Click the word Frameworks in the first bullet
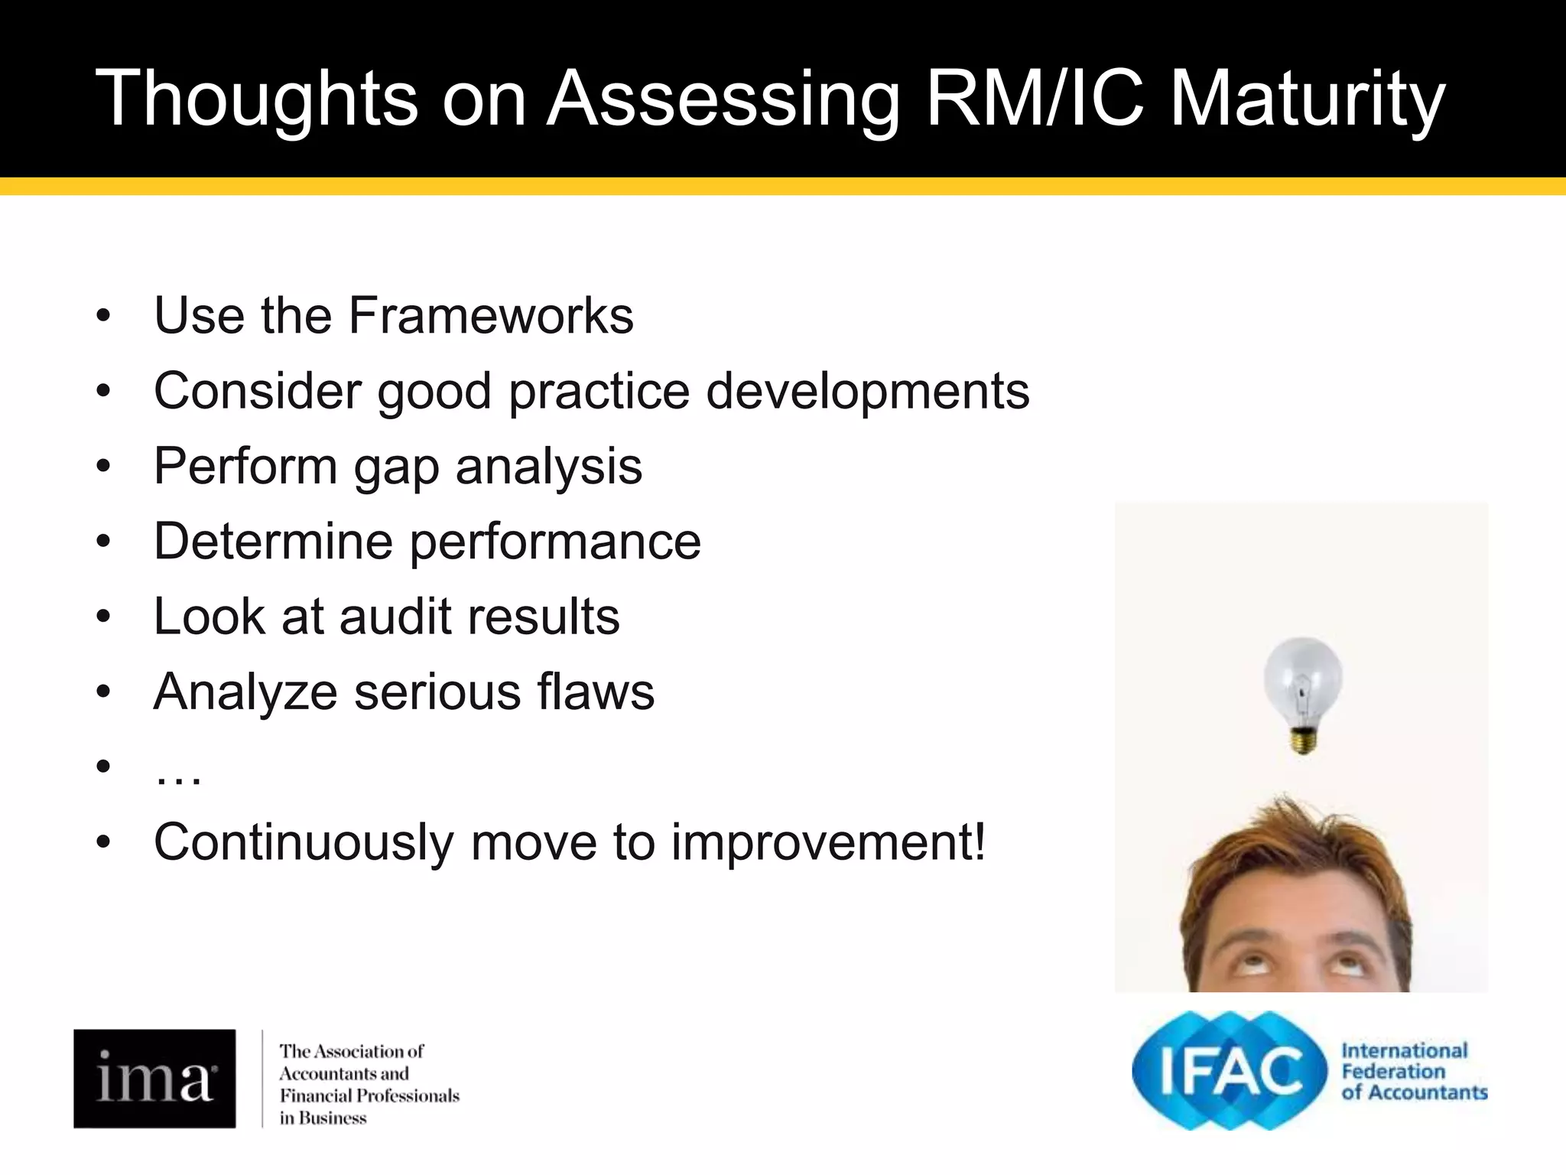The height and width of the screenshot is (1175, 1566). (x=491, y=315)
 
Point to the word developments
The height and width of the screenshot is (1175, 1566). (x=867, y=391)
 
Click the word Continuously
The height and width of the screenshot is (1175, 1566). (x=304, y=842)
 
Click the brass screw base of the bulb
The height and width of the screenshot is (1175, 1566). (x=1303, y=740)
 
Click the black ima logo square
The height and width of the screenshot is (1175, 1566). (x=154, y=1078)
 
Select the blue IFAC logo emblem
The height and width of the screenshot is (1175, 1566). (x=1229, y=1070)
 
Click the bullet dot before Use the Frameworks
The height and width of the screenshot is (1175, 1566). (x=104, y=315)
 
